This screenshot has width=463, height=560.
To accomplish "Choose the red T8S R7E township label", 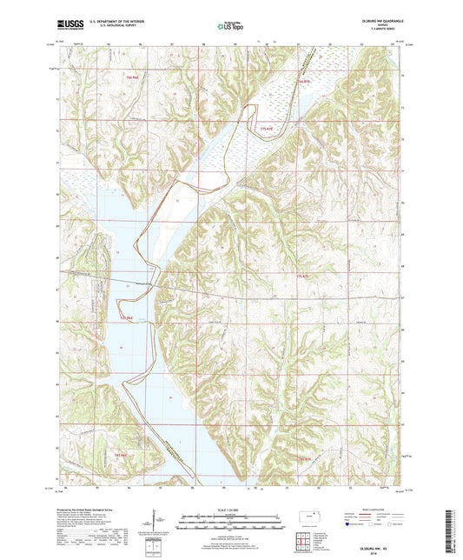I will pyautogui.click(x=303, y=458).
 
